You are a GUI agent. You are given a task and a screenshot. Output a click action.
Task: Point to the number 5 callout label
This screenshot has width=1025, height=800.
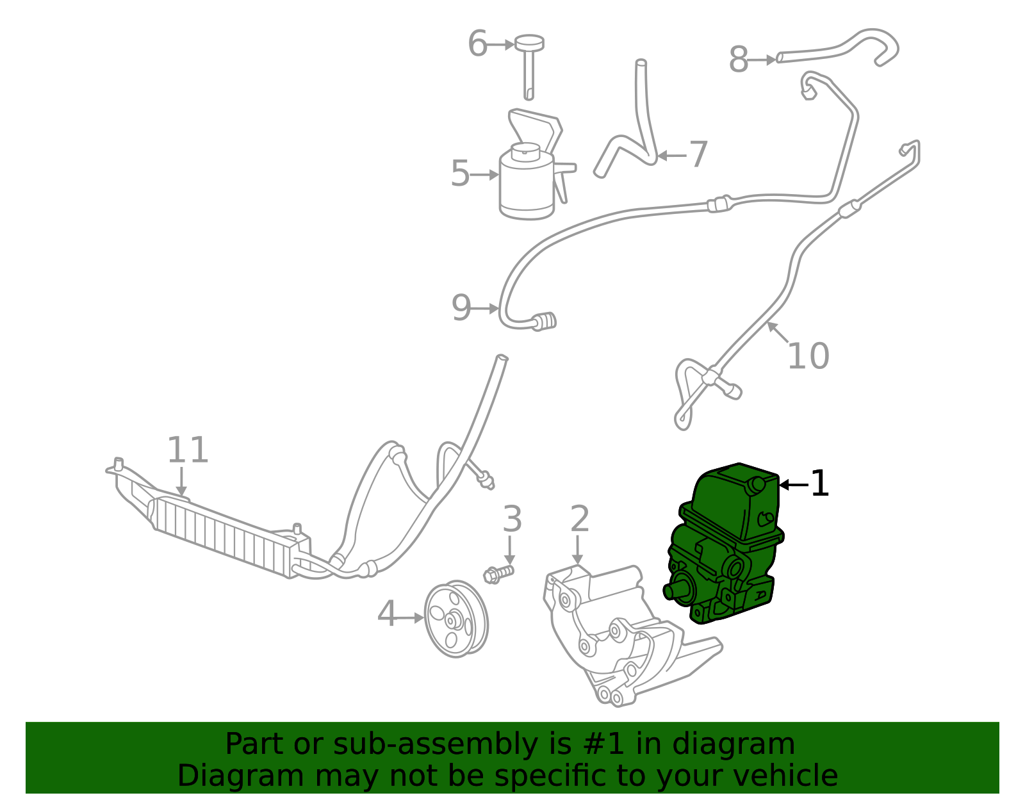[460, 174]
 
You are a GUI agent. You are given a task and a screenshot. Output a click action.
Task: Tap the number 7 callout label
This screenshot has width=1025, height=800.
[698, 154]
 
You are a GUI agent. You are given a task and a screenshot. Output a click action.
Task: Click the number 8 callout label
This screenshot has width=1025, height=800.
[739, 60]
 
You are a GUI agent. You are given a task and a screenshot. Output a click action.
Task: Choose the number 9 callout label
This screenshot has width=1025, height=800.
[461, 308]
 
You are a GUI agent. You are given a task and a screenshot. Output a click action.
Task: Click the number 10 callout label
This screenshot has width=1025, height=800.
[808, 356]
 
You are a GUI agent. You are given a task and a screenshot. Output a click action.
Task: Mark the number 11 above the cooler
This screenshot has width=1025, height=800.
[188, 450]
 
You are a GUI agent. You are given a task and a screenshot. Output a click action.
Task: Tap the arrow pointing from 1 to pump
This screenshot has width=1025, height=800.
[792, 485]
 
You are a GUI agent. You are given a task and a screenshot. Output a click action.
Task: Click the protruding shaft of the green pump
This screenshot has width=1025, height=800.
[673, 591]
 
